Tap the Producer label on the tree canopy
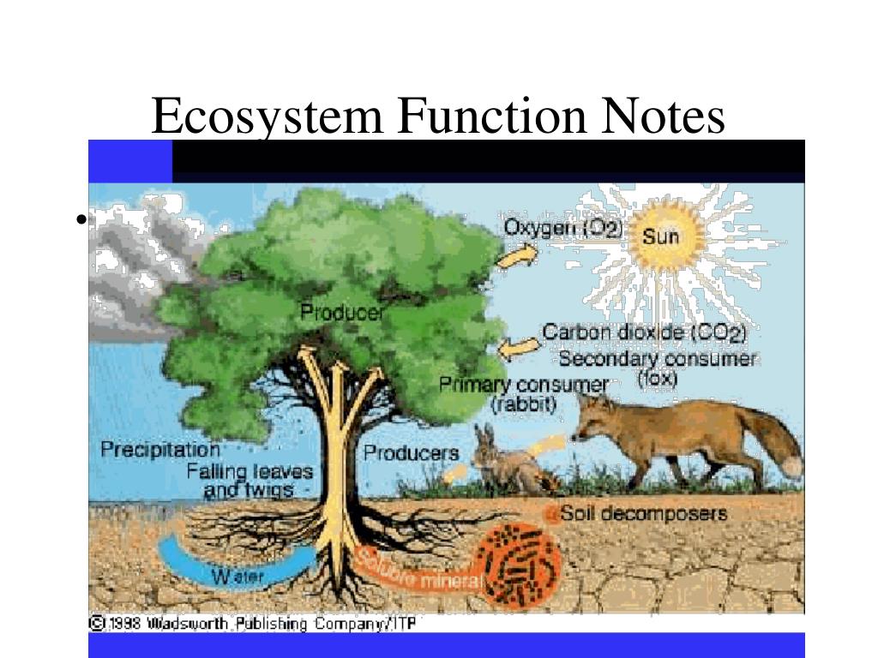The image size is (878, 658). (342, 313)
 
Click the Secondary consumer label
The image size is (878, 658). (658, 360)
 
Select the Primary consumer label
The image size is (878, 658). (524, 386)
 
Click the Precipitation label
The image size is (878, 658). (160, 449)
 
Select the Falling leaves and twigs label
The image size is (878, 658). (250, 481)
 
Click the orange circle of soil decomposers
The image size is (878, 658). (518, 566)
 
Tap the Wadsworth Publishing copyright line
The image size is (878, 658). (253, 624)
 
